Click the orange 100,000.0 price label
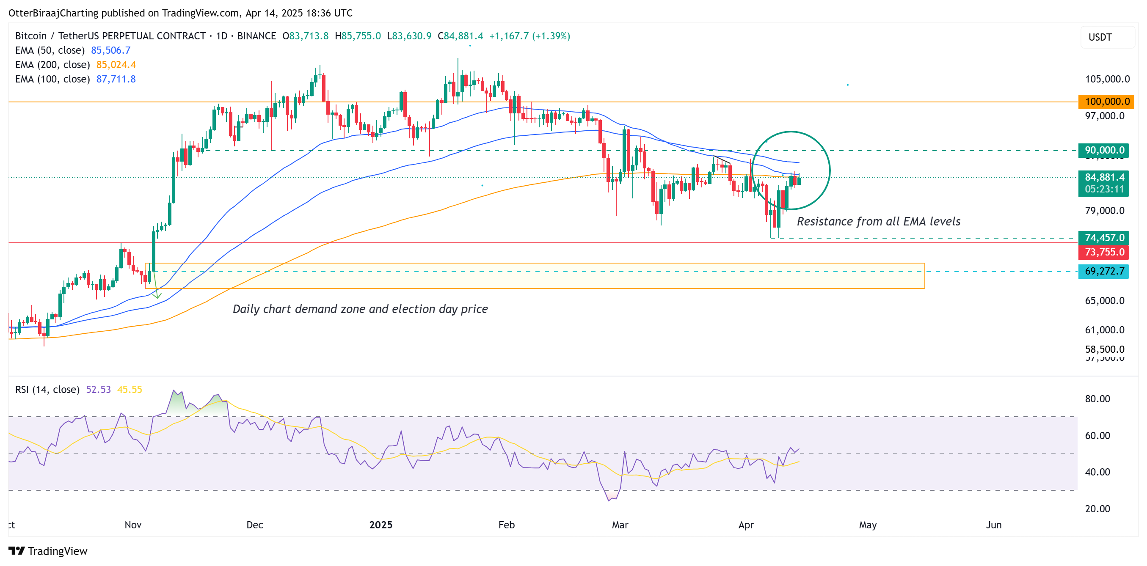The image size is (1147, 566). point(1106,102)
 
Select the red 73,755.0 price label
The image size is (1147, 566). point(1104,252)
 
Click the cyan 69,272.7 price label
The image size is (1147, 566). point(1104,271)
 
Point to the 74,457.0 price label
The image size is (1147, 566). point(1104,238)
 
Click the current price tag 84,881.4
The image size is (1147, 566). point(1104,178)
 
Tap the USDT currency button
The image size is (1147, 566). point(1106,37)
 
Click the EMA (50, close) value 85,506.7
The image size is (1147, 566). point(110,50)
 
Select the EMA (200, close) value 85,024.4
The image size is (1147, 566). point(116,65)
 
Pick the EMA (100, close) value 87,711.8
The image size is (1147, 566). point(116,79)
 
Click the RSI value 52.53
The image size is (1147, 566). point(98,390)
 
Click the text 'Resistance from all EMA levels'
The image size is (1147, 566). point(878,222)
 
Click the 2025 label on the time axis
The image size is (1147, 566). point(380,525)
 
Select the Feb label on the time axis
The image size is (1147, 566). point(506,525)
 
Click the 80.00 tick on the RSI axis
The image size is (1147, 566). point(1097,398)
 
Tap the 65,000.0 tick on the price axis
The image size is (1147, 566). point(1104,301)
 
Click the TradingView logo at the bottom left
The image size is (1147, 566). point(48,551)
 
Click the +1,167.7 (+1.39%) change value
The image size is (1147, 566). point(529,36)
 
